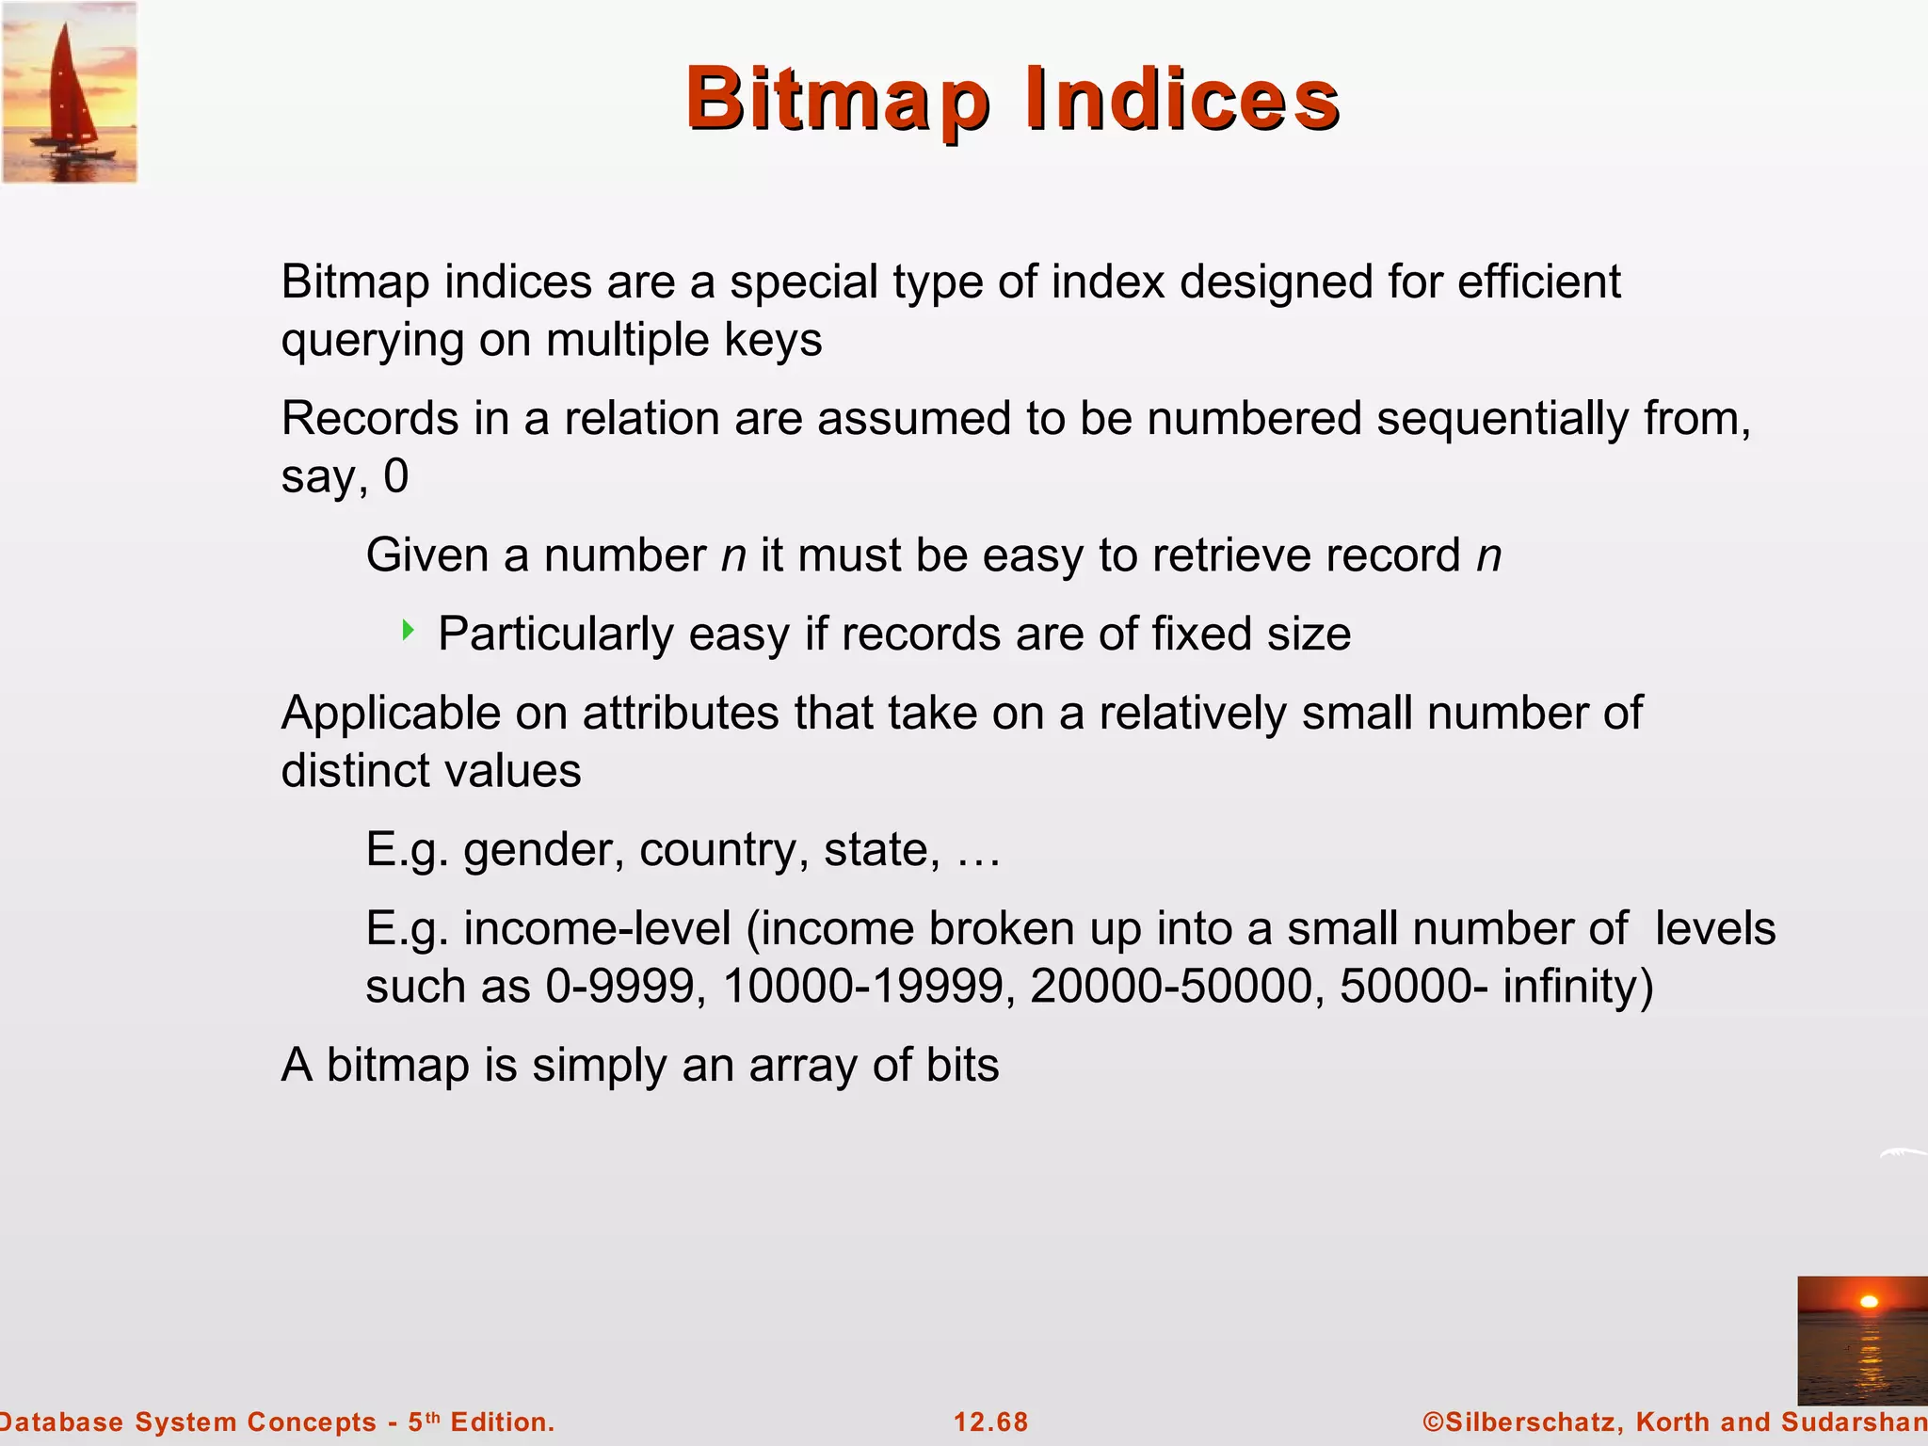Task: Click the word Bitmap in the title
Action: (x=838, y=100)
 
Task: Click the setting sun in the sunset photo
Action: (x=1870, y=1302)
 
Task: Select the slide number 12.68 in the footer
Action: (x=991, y=1422)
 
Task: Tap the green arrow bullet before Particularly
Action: (x=408, y=630)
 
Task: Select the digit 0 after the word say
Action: (x=396, y=476)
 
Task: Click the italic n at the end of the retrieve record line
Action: (x=1488, y=555)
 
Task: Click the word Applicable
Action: (x=391, y=714)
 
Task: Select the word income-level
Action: (x=597, y=929)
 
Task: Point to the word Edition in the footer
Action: (x=501, y=1422)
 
